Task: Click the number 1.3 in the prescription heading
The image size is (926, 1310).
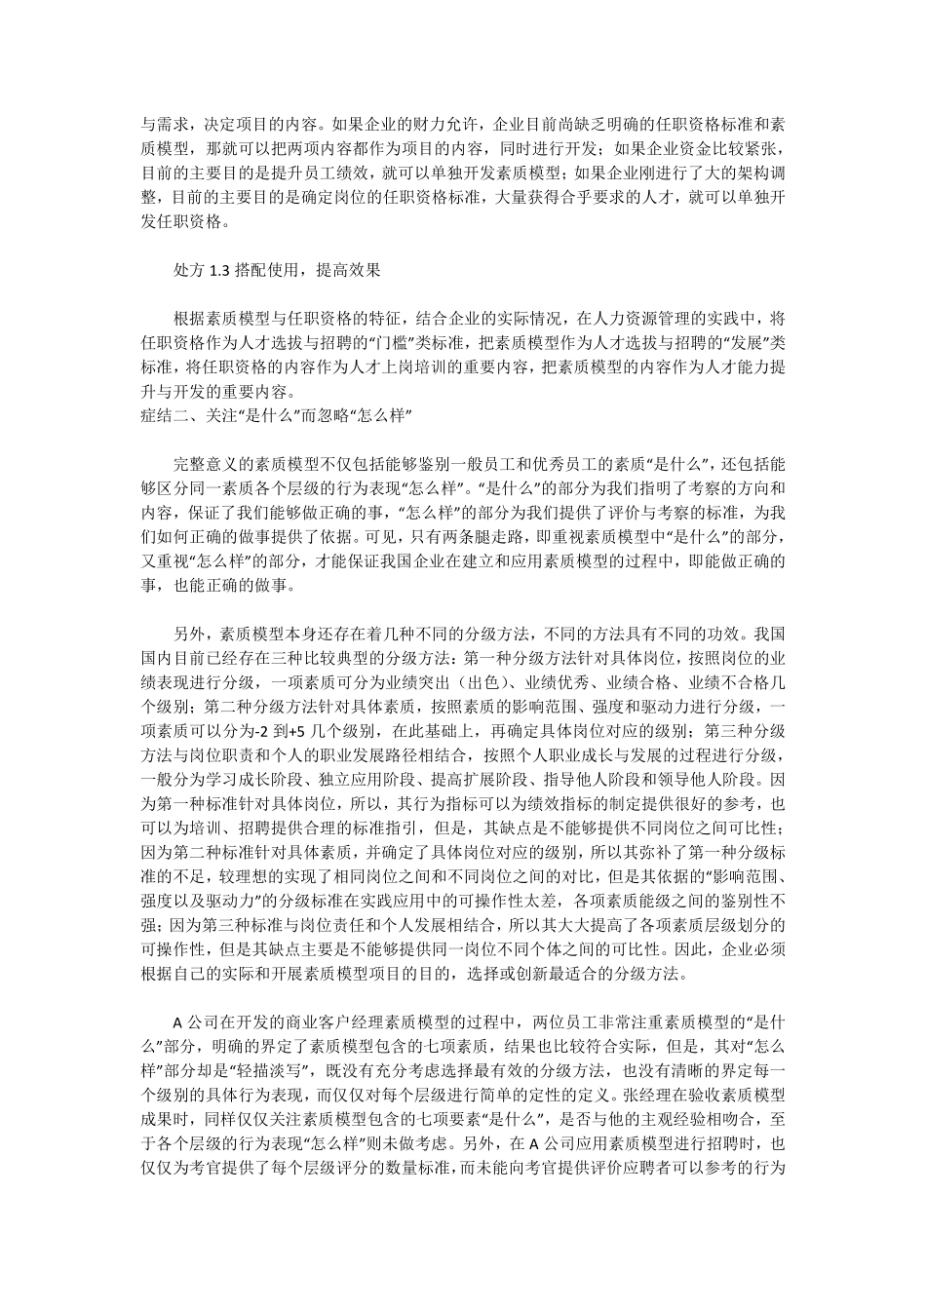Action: coord(218,270)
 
